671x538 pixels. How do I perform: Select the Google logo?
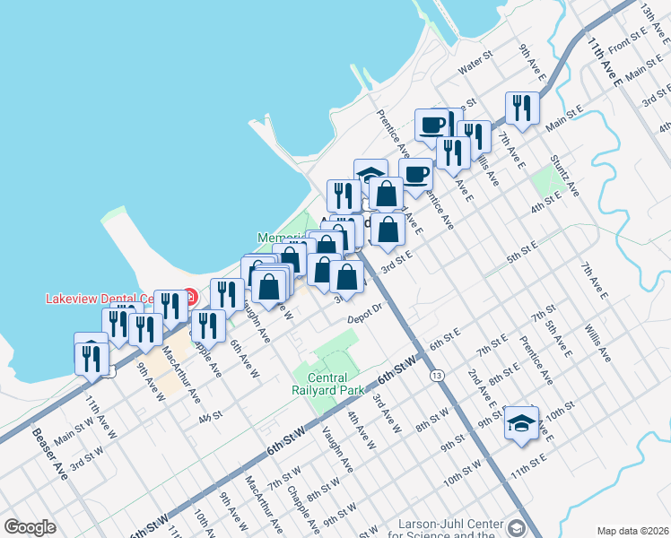pos(30,527)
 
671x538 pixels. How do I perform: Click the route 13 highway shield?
pos(436,373)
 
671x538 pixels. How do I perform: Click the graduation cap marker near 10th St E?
pos(520,423)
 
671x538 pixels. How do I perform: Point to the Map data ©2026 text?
pos(632,530)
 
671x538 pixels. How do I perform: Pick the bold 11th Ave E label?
pos(606,62)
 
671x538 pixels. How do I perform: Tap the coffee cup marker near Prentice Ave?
pos(415,173)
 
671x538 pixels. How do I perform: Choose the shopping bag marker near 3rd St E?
pos(387,230)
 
